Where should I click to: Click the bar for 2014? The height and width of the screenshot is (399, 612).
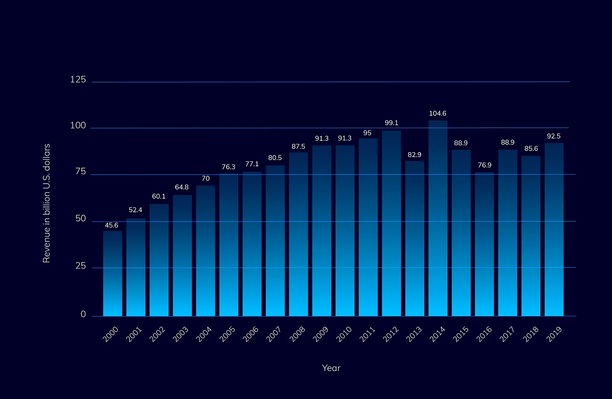pos(438,219)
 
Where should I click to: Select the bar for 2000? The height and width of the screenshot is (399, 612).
pos(112,273)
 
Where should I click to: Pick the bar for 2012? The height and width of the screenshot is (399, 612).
pos(391,223)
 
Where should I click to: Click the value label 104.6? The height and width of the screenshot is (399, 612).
pos(438,114)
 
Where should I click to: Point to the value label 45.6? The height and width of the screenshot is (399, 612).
pos(111,225)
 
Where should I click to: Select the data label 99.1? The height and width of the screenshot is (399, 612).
pos(391,123)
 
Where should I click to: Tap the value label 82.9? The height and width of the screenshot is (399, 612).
pos(414,155)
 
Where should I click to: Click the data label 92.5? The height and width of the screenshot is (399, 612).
pos(554,136)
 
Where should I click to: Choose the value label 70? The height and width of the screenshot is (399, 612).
pos(205,178)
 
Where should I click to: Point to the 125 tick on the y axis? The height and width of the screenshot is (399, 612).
pos(78,80)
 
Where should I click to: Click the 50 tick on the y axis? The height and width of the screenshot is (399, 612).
pos(80,218)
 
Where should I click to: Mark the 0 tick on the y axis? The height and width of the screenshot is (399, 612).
pos(83,315)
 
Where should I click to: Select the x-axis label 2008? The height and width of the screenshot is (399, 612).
pos(297,334)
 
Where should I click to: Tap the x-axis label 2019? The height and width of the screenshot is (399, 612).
pos(553,334)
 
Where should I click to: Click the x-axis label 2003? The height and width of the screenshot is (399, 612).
pos(181,334)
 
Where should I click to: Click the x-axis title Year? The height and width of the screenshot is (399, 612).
pos(331,368)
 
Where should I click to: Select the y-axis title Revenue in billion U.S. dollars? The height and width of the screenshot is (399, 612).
pos(47,203)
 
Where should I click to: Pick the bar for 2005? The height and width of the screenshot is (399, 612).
pos(229,245)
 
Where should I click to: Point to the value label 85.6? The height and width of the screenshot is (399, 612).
pos(531,149)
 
